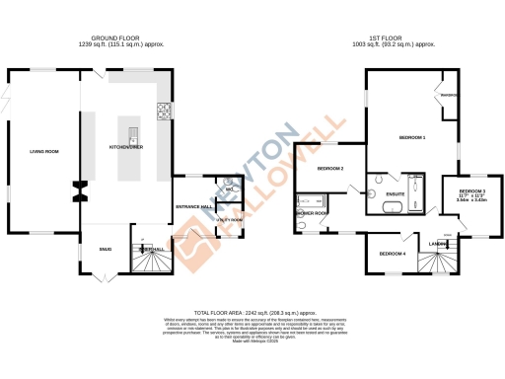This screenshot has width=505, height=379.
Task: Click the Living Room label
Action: (44, 151)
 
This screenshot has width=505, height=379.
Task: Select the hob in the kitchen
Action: (164, 110)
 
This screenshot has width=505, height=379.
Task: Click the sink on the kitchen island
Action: (130, 131)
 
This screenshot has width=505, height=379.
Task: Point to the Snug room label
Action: (105, 249)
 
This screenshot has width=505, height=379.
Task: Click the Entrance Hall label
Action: (193, 206)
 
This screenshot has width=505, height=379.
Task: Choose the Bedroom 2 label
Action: (330, 169)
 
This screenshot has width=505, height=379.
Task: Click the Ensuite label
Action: (397, 193)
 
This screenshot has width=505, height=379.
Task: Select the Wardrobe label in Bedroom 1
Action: (450, 95)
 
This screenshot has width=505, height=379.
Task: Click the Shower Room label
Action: (315, 212)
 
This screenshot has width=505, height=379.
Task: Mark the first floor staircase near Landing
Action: (434, 262)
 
